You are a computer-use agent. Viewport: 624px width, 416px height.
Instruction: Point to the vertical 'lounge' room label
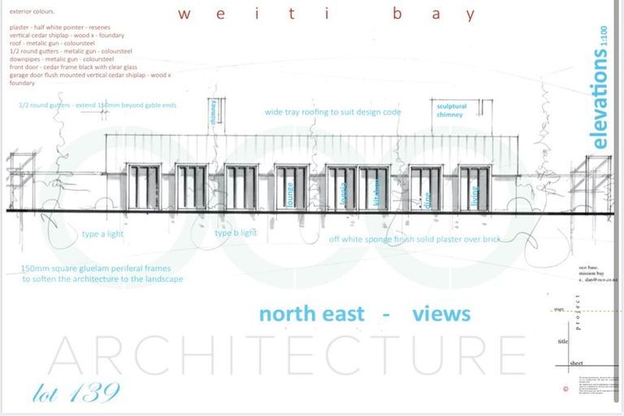pyautogui.click(x=289, y=195)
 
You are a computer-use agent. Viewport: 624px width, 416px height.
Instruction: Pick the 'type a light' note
pyautogui.click(x=103, y=234)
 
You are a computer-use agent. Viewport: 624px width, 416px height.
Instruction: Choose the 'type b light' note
pyautogui.click(x=236, y=233)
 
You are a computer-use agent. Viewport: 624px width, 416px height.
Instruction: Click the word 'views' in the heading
pyautogui.click(x=441, y=314)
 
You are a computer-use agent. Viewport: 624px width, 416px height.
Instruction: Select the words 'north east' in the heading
pyautogui.click(x=311, y=314)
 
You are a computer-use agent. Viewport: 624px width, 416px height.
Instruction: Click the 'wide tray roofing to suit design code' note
pyautogui.click(x=332, y=112)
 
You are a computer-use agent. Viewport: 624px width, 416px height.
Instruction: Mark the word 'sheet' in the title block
pyautogui.click(x=575, y=362)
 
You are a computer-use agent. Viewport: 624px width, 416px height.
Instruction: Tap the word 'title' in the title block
pyautogui.click(x=561, y=341)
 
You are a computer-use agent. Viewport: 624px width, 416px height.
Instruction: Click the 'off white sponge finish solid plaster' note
pyautogui.click(x=414, y=240)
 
